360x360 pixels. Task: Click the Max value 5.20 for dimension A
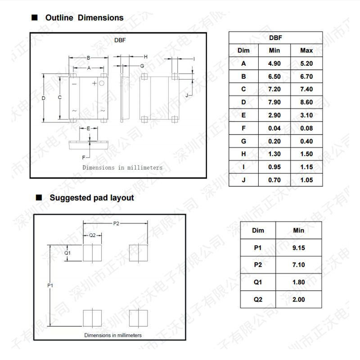click(306, 63)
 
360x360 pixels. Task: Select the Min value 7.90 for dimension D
click(274, 102)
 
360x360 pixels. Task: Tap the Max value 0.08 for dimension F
click(306, 128)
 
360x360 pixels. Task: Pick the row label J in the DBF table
click(243, 180)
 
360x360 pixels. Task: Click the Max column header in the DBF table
click(306, 50)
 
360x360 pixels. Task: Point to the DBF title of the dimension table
click(275, 38)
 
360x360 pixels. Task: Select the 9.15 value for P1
click(298, 247)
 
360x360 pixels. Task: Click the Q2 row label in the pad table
click(258, 299)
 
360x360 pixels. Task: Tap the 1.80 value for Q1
click(298, 282)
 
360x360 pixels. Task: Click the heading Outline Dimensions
click(84, 18)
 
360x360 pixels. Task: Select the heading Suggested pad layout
click(91, 198)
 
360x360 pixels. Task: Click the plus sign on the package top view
click(94, 83)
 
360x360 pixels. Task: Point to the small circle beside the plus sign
click(102, 83)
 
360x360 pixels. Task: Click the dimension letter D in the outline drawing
click(44, 98)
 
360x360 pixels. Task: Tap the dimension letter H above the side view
click(145, 57)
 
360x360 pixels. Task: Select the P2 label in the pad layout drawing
click(116, 224)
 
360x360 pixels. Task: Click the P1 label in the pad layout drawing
click(50, 285)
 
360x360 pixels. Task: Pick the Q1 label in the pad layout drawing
click(67, 253)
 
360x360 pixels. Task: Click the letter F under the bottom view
click(83, 157)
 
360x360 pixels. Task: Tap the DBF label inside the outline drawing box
click(120, 40)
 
